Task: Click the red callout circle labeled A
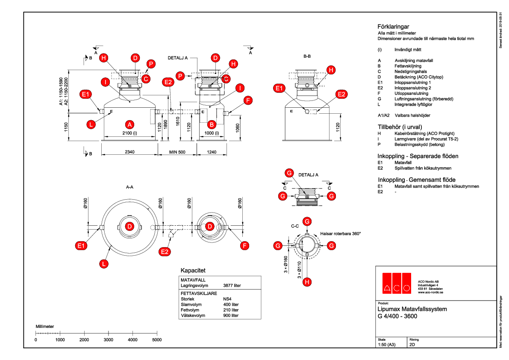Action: click(x=129, y=124)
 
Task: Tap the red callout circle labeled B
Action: click(x=211, y=124)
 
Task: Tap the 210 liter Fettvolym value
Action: click(x=231, y=310)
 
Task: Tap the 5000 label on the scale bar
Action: click(x=157, y=339)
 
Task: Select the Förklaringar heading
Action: click(x=393, y=27)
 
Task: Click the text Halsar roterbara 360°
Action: click(x=341, y=234)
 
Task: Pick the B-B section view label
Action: click(x=306, y=56)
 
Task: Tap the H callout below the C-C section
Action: click(x=306, y=282)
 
